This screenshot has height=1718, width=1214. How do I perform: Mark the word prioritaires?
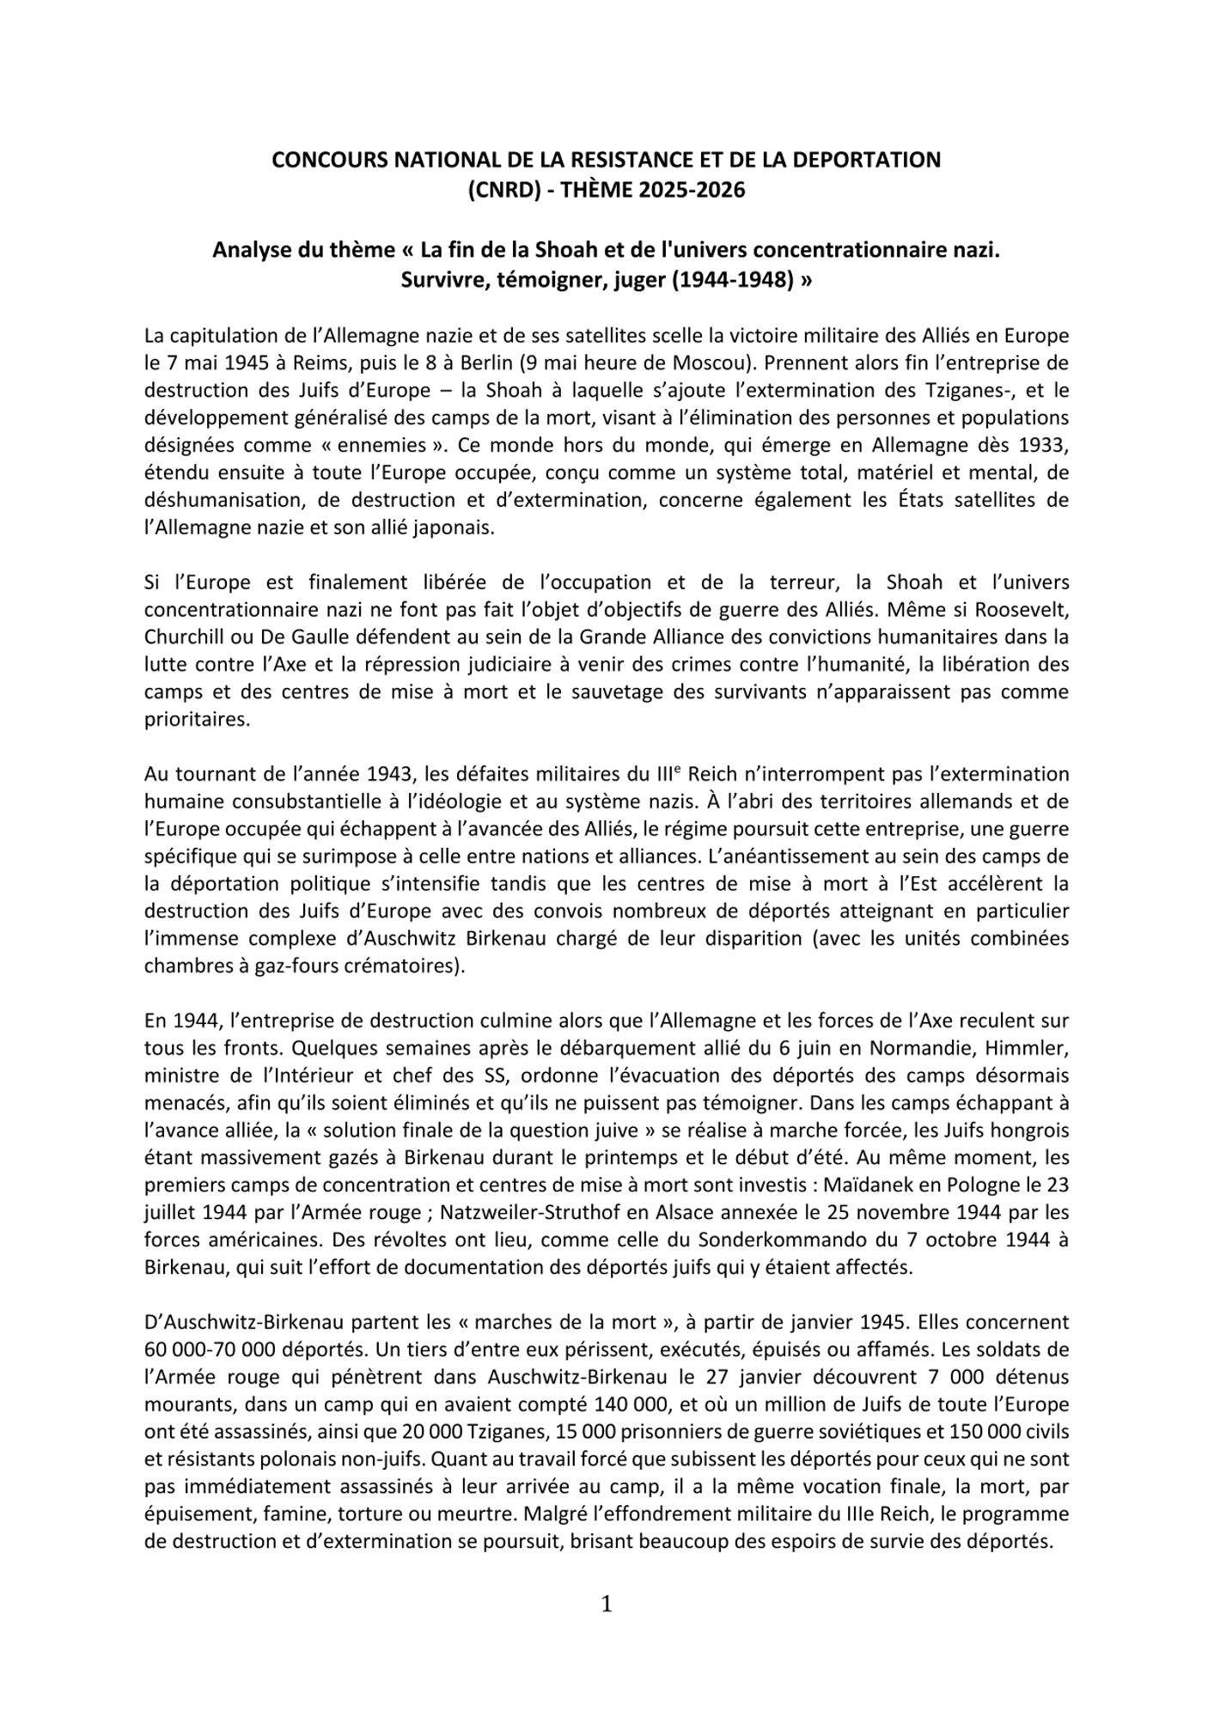tap(197, 720)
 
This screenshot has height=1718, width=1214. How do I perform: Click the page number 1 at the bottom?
tap(607, 1605)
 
